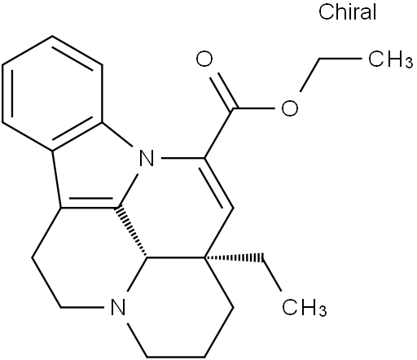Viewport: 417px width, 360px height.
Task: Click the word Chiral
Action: point(347,12)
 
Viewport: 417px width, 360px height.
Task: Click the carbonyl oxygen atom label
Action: point(204,59)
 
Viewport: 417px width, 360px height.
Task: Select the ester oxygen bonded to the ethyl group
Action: point(290,108)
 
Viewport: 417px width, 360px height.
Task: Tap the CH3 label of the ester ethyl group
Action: point(391,59)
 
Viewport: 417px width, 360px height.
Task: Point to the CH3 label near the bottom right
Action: point(305,308)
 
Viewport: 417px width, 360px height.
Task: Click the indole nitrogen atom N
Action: point(147,158)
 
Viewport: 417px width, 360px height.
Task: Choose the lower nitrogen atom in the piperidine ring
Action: point(117,308)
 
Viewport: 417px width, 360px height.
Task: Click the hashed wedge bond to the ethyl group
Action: point(234,257)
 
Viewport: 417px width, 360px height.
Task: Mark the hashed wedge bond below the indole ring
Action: point(132,233)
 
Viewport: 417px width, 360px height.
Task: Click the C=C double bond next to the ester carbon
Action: point(218,183)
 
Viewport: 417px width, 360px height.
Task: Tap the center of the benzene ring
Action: point(53,93)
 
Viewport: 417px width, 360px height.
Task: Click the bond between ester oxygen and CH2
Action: point(309,75)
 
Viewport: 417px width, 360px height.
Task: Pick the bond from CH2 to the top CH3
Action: point(340,58)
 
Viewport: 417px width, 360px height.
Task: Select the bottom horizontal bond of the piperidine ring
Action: point(175,357)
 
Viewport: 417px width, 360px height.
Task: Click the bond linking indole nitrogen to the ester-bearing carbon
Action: point(182,158)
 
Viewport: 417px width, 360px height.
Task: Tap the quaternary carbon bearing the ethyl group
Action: point(204,257)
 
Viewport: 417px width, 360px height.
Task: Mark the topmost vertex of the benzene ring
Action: point(52,36)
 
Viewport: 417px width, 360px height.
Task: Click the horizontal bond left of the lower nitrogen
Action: point(82,308)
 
